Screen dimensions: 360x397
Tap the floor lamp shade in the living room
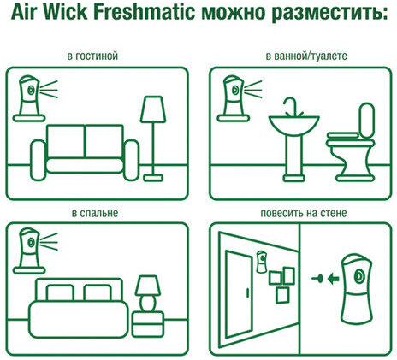[x=154, y=108]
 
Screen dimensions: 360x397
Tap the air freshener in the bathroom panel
[x=232, y=94]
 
